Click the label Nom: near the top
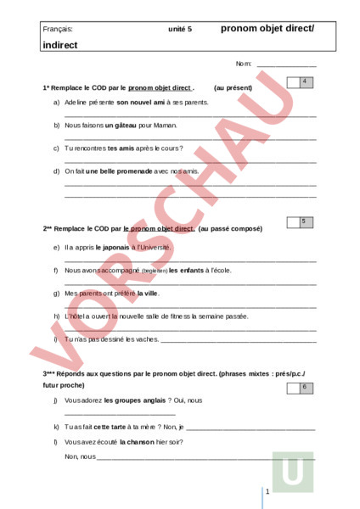[x=244, y=64]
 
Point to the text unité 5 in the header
[x=180, y=29]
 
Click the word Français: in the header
[x=58, y=29]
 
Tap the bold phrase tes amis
[x=121, y=148]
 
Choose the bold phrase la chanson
[x=136, y=442]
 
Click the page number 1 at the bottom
[x=267, y=492]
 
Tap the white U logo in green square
[x=293, y=472]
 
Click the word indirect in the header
[x=59, y=45]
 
